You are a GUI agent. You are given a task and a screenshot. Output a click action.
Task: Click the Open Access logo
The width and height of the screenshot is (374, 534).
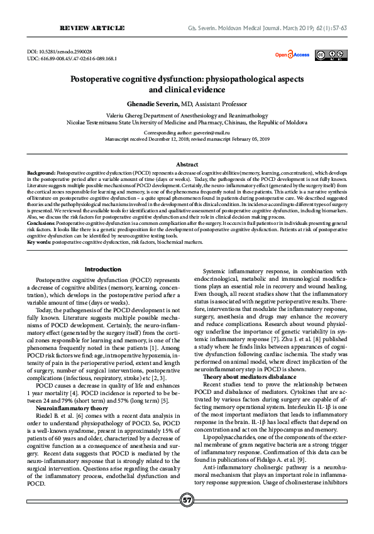(292, 55)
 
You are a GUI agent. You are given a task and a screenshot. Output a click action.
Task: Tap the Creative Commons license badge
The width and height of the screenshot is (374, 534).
(331, 55)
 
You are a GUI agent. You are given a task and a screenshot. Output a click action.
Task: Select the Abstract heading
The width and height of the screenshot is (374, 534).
(187, 163)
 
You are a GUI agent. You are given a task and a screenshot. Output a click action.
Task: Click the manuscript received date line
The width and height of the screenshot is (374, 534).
(187, 140)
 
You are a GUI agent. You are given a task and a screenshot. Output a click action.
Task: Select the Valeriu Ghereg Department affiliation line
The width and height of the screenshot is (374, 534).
(187, 116)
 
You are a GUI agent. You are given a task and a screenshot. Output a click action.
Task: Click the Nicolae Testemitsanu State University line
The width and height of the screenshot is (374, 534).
(187, 124)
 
